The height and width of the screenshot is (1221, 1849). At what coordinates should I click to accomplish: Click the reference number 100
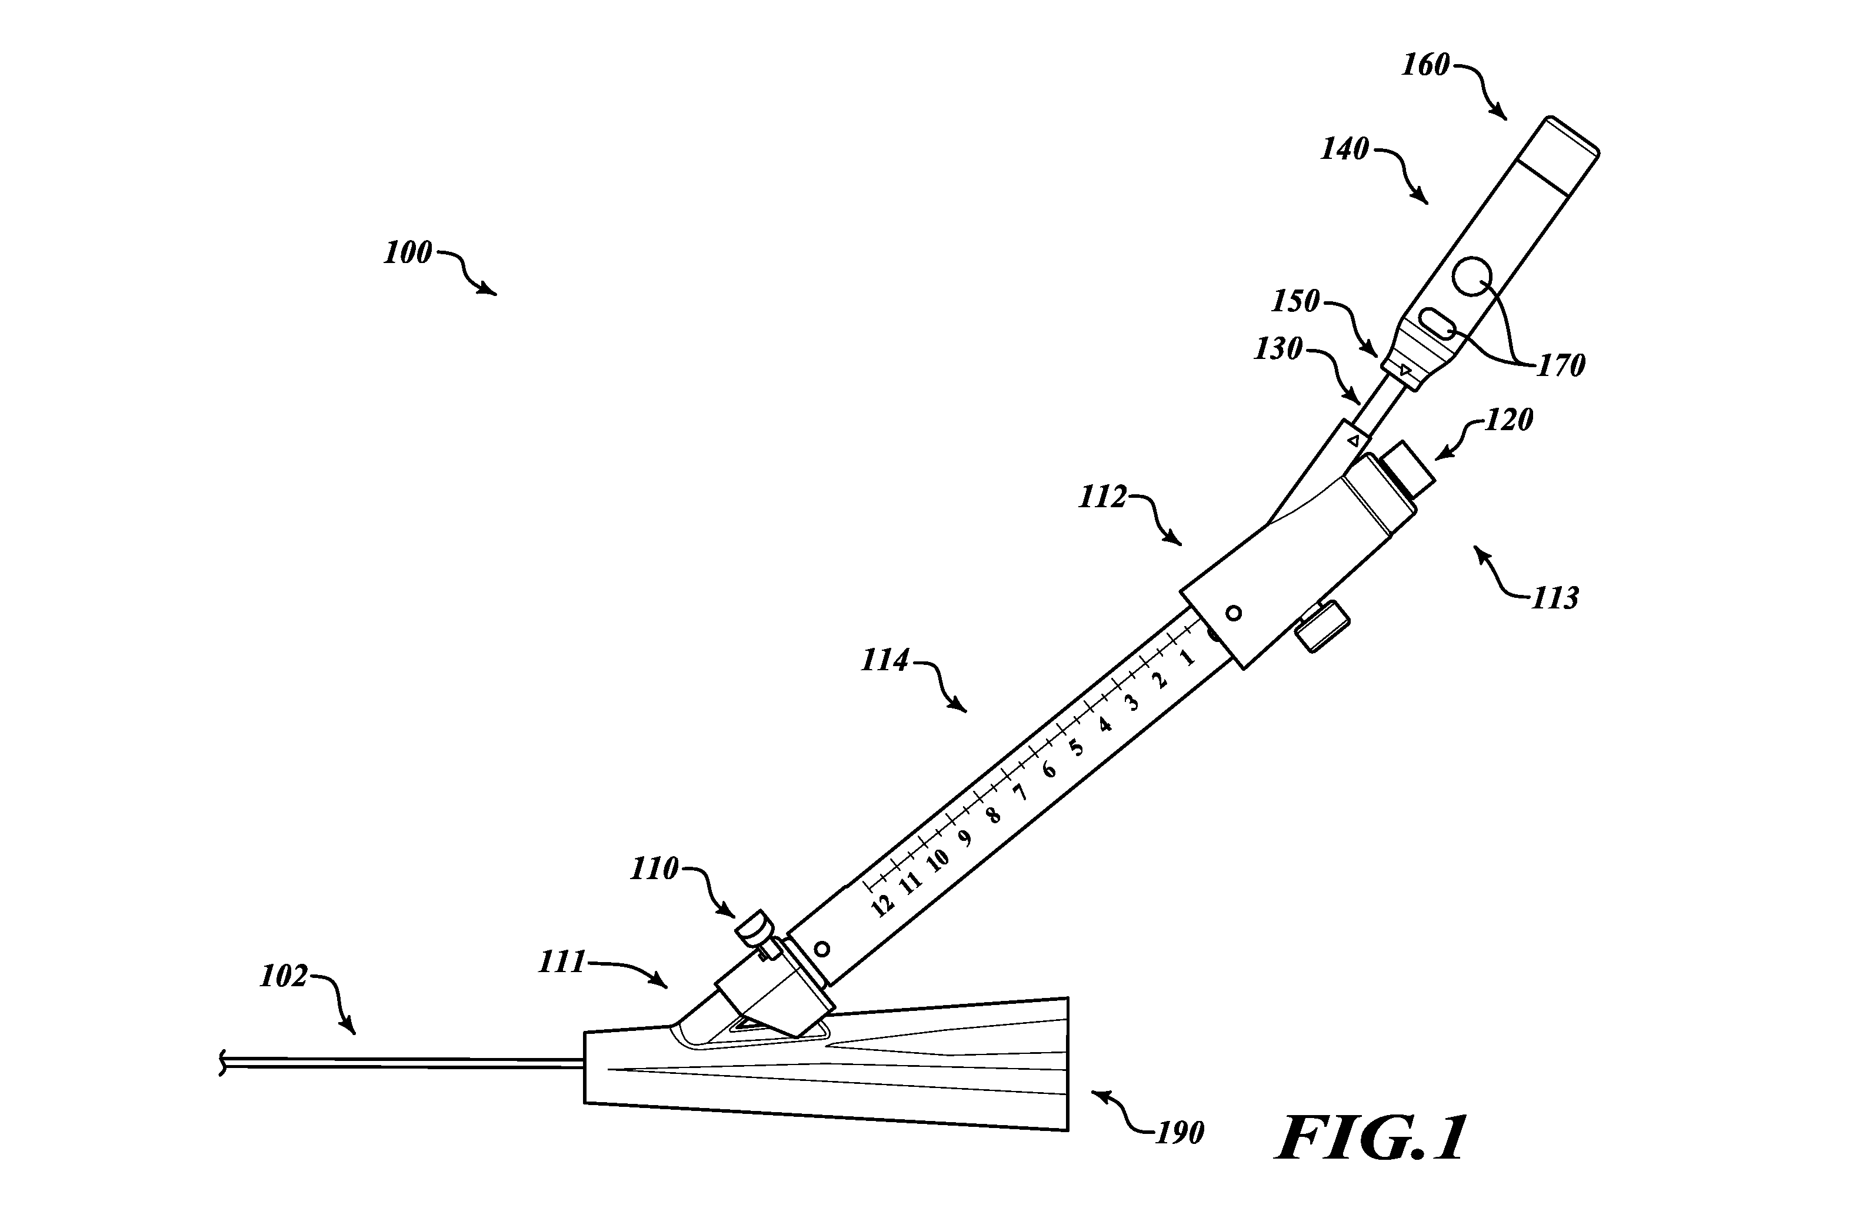(x=408, y=253)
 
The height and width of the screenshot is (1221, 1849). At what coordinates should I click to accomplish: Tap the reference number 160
(x=1426, y=65)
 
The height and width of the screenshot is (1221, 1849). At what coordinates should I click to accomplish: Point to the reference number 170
(x=1561, y=365)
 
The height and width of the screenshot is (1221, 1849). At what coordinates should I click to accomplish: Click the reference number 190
(x=1180, y=1133)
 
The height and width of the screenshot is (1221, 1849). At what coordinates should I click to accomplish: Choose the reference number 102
(x=284, y=976)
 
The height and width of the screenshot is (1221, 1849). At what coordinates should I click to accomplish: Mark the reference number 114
(x=885, y=661)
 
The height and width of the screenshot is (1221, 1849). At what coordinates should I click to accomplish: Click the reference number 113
(x=1555, y=598)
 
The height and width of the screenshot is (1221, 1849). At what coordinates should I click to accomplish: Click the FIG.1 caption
(x=1371, y=1137)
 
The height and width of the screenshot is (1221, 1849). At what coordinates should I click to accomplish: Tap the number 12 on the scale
(x=881, y=906)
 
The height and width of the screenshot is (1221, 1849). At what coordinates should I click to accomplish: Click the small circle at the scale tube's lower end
(x=821, y=949)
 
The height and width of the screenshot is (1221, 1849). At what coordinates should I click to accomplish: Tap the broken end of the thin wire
(x=222, y=1062)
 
